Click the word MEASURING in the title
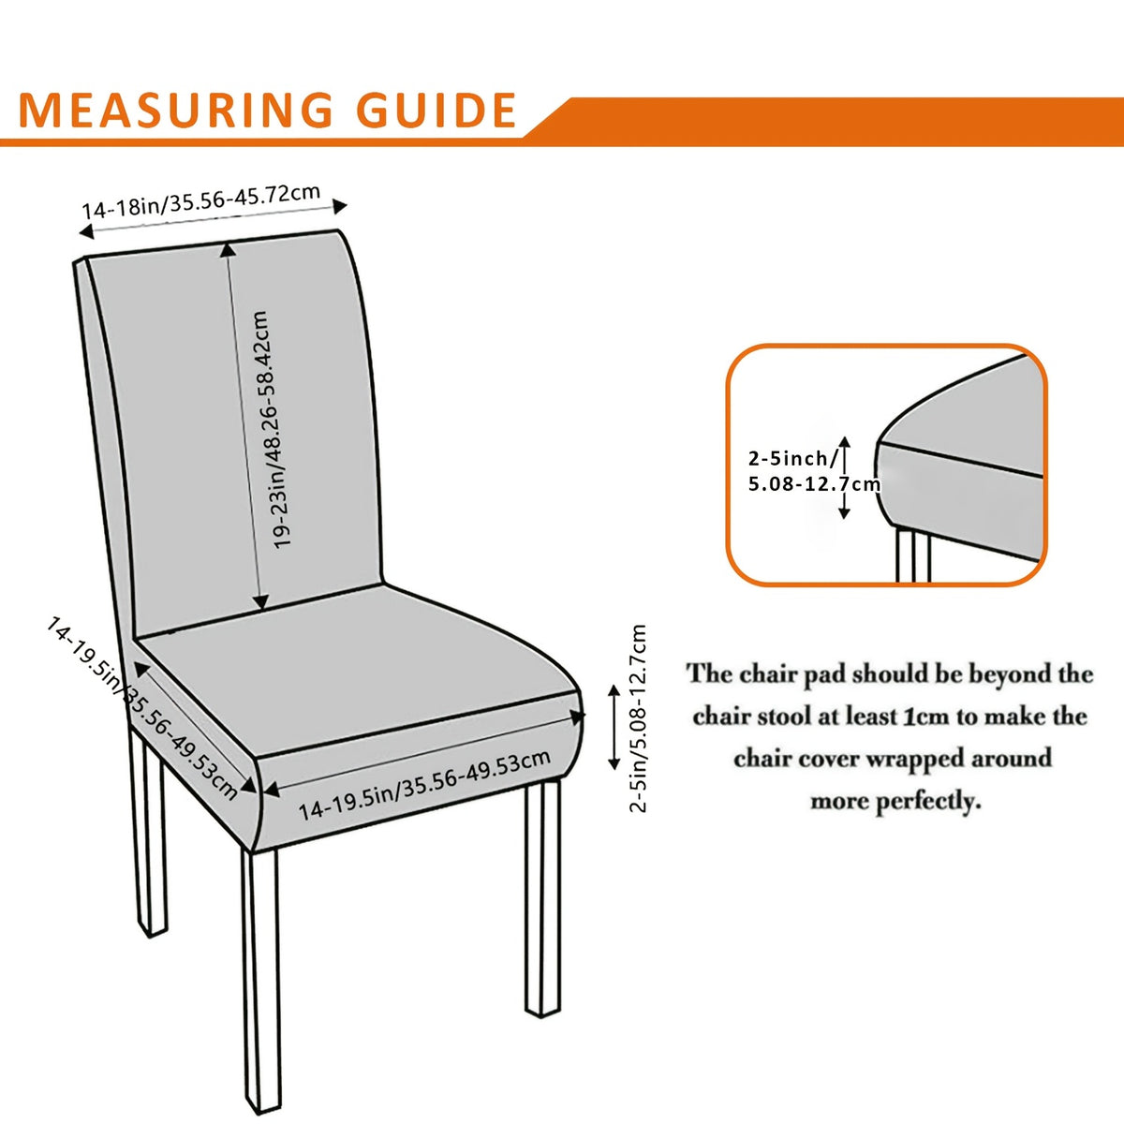point(175,110)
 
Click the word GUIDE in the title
point(436,110)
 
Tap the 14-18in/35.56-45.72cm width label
point(201,201)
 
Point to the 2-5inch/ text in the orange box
point(794,458)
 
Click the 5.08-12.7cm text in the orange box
point(814,483)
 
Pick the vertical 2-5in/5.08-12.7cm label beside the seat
point(638,718)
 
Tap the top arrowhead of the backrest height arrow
point(228,250)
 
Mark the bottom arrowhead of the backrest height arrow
point(261,603)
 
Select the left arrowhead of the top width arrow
point(86,231)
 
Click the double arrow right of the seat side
point(614,728)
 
